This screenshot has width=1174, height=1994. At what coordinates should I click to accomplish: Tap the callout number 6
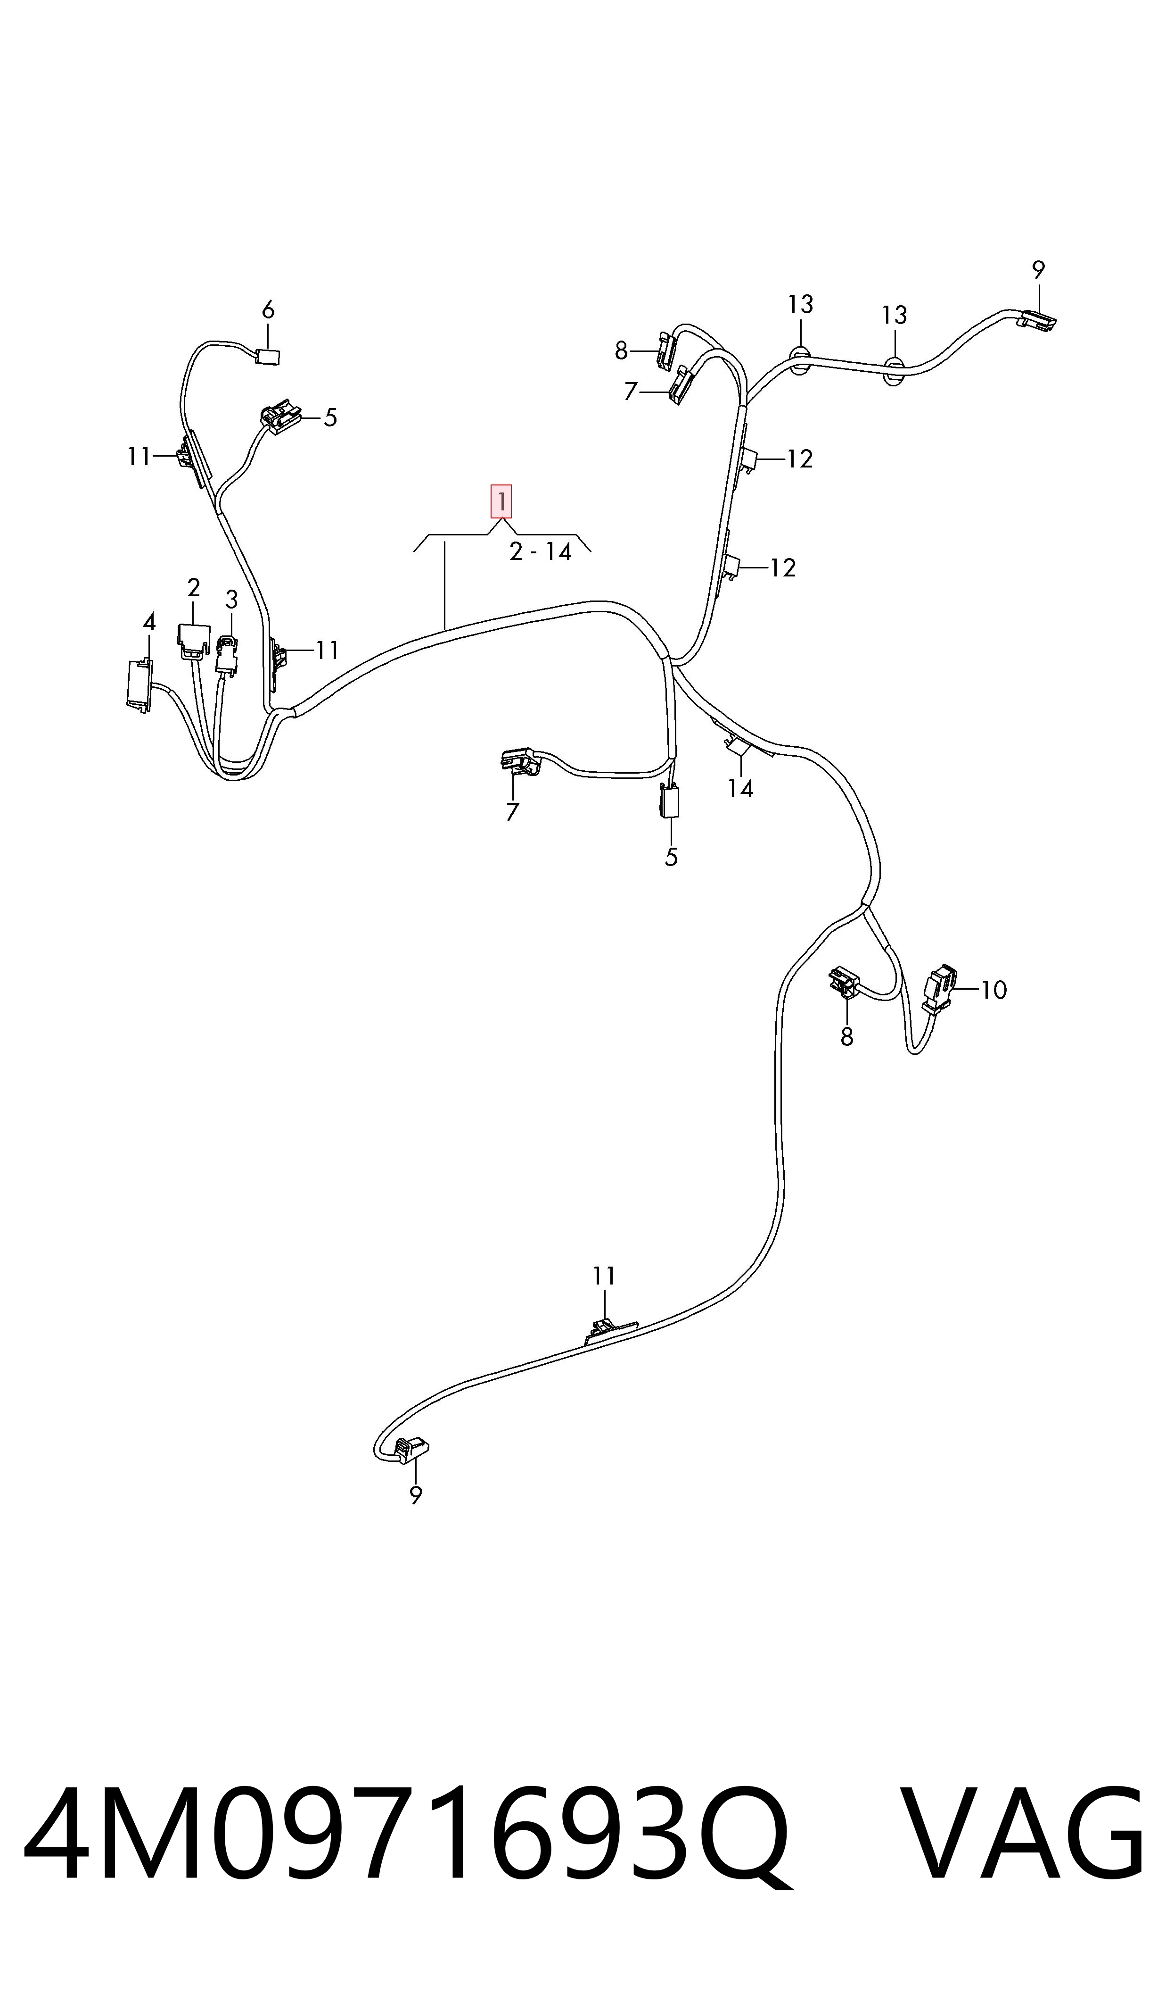pyautogui.click(x=268, y=310)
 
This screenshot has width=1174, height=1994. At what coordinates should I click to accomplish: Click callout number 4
pyautogui.click(x=149, y=622)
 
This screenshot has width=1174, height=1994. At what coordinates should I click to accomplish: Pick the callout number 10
pyautogui.click(x=993, y=990)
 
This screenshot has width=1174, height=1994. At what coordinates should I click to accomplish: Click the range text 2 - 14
pyautogui.click(x=540, y=552)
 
